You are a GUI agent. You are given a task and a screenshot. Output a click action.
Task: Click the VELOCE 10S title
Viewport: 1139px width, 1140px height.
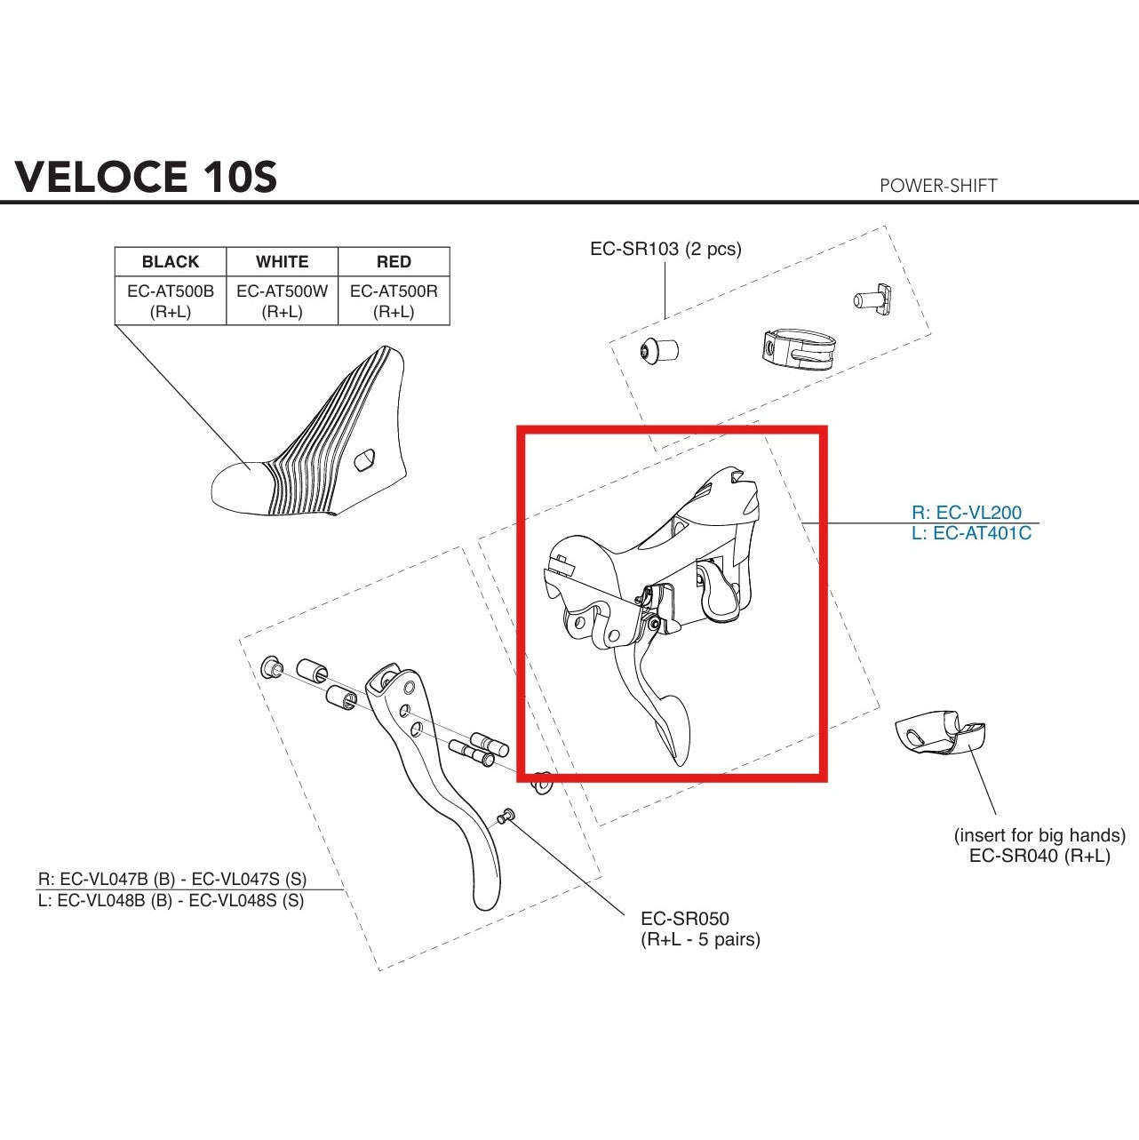(147, 177)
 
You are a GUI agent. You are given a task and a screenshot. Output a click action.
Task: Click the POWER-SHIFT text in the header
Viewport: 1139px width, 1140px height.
(937, 186)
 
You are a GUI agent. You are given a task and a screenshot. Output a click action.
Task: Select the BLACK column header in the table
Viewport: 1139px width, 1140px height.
(171, 262)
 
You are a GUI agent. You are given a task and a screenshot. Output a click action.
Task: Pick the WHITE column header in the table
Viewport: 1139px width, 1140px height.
(283, 262)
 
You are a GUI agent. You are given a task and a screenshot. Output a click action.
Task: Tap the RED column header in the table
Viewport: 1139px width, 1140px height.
(394, 262)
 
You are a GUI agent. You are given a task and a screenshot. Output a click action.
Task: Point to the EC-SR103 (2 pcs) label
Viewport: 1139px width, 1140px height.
(665, 249)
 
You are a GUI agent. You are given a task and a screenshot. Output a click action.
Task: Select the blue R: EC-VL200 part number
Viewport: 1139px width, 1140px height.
(967, 513)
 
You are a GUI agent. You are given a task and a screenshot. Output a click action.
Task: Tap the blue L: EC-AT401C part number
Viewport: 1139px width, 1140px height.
(971, 534)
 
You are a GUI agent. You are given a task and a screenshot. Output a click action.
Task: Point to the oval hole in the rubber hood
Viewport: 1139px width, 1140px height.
(365, 460)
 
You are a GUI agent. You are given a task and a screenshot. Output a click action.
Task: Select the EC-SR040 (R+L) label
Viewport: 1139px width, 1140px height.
(1039, 857)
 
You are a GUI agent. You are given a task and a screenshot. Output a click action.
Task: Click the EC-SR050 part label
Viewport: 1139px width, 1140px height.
(685, 919)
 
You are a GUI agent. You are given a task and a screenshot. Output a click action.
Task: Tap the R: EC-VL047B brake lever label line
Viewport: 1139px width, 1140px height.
(171, 879)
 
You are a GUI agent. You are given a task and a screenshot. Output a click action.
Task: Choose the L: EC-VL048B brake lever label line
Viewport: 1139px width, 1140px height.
(171, 900)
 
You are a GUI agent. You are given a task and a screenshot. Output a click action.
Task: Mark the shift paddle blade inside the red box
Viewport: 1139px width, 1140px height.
(671, 724)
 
